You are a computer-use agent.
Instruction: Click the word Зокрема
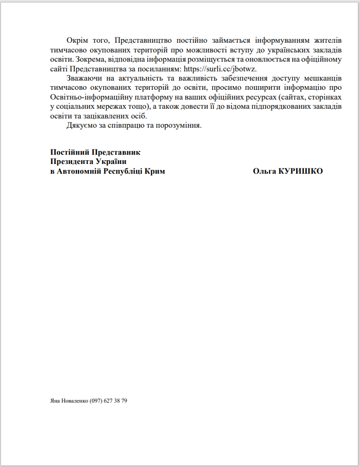(89, 60)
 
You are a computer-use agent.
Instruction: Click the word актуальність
(141, 78)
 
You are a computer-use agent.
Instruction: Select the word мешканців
(323, 78)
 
